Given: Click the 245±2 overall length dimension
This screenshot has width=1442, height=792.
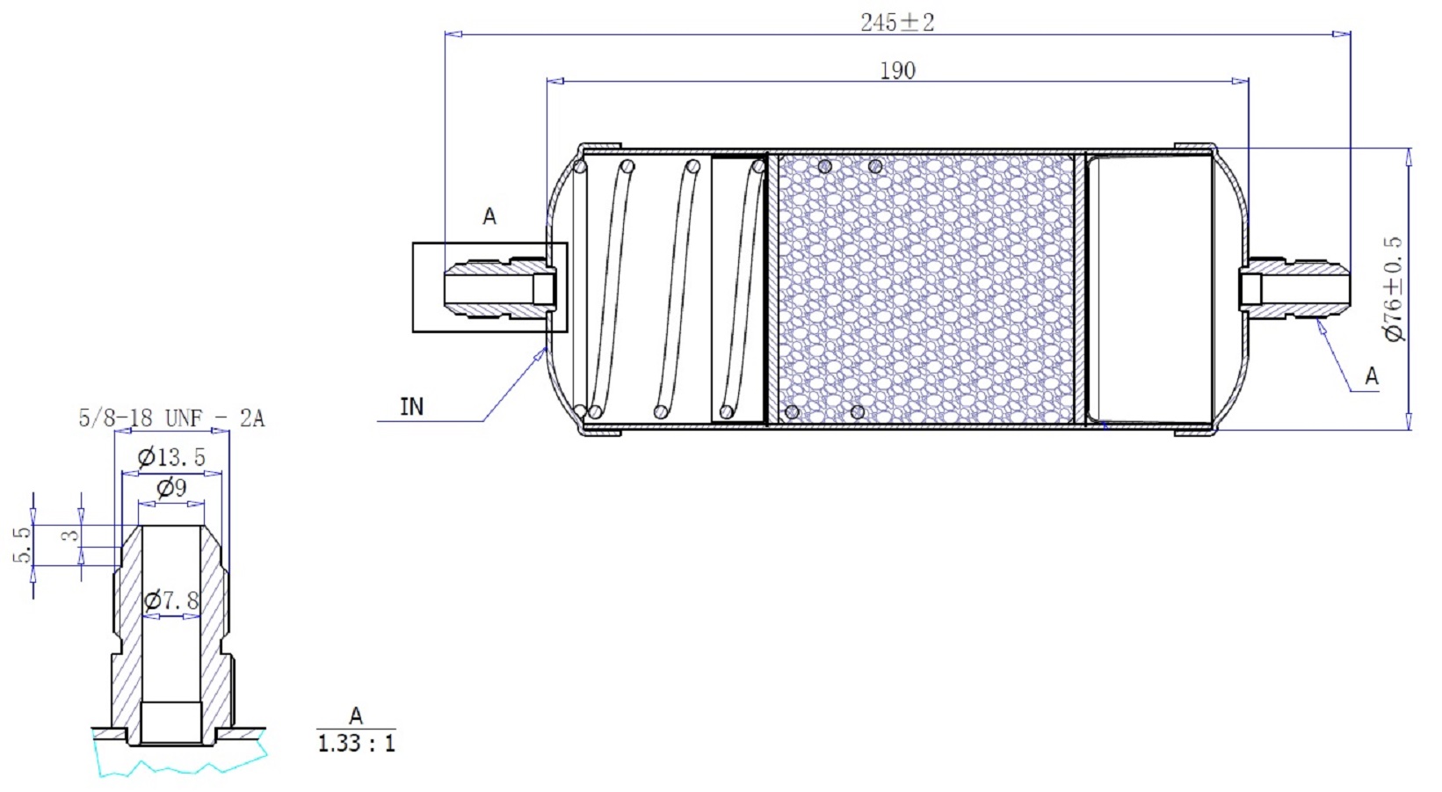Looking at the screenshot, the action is [897, 23].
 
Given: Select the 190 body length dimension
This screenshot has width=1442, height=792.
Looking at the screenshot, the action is [897, 70].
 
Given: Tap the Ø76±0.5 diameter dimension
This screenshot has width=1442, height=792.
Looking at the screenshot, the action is [1394, 288].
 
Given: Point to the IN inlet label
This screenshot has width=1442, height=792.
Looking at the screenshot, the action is [412, 407].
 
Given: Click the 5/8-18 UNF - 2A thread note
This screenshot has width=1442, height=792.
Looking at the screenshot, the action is [171, 418].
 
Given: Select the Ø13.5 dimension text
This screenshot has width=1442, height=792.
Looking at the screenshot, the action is [171, 458].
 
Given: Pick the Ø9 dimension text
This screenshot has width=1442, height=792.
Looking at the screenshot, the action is [171, 488].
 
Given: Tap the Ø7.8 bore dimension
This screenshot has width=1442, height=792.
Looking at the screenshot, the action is [171, 600].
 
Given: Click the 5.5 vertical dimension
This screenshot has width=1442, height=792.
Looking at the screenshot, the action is [22, 545].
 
